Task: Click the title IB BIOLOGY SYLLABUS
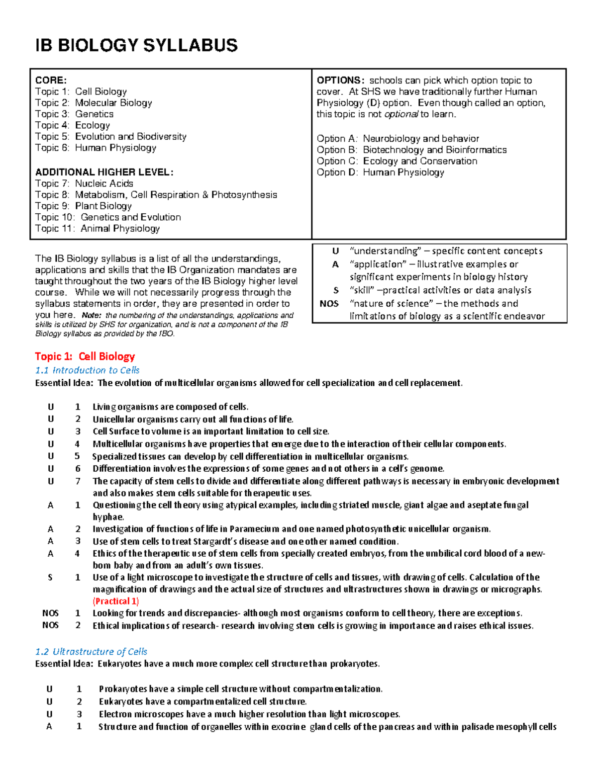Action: (136, 46)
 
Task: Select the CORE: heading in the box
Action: (51, 80)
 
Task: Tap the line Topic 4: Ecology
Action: (73, 125)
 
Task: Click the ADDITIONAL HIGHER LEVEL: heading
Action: (104, 172)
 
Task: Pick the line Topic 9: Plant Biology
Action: (84, 206)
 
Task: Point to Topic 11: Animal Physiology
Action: (98, 228)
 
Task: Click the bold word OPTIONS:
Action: (341, 80)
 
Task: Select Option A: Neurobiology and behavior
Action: (398, 139)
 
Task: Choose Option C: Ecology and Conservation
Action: (397, 161)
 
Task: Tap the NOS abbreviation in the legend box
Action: (329, 303)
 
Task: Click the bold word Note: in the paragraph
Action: (92, 315)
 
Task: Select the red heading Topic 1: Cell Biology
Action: (85, 356)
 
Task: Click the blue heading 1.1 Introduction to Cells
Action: (88, 370)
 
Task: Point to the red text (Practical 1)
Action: (116, 601)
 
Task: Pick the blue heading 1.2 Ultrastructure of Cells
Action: (92, 652)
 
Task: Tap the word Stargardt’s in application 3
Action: (218, 541)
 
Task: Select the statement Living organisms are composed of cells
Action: (170, 407)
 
